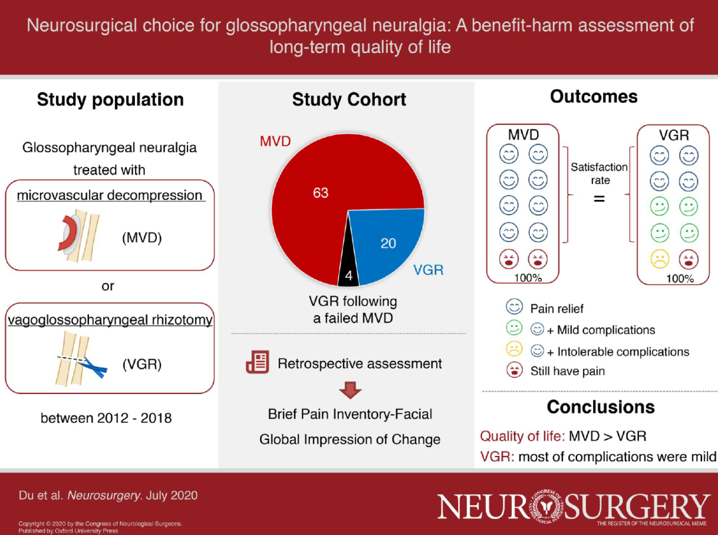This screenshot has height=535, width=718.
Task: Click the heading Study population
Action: coord(110,99)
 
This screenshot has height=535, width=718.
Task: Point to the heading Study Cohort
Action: coord(349,99)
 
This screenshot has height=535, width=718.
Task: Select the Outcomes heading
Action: coord(594,96)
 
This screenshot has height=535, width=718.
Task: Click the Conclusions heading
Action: coord(601,407)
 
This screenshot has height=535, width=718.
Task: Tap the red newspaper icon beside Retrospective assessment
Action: coord(257,362)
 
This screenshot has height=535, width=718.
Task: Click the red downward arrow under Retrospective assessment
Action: coord(350,390)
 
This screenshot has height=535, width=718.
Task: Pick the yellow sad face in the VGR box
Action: coord(659,259)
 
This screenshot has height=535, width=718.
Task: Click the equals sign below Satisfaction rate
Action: coord(600,199)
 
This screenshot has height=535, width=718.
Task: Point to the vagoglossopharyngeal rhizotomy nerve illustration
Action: coord(80,359)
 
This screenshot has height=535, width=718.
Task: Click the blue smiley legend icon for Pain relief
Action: coord(514,306)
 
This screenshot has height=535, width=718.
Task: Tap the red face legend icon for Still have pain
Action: coord(515,370)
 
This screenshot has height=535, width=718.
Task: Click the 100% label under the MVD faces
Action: coord(528,278)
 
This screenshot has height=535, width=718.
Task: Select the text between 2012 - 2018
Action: coord(106,418)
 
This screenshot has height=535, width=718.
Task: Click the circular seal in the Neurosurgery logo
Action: coord(545,507)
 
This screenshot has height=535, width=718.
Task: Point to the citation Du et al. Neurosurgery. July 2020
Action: coord(108,495)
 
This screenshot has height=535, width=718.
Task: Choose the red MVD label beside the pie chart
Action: coord(275,141)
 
